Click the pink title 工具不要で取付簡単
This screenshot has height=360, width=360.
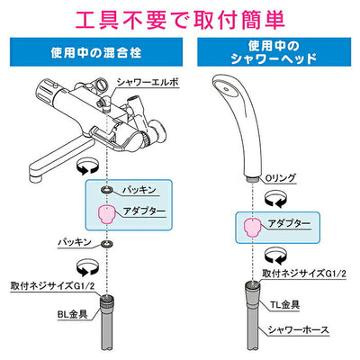tap(180, 18)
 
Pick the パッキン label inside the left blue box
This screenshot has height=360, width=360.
tap(139, 191)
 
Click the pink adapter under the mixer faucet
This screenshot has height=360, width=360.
tap(107, 212)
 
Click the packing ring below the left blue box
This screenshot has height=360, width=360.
tap(107, 242)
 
